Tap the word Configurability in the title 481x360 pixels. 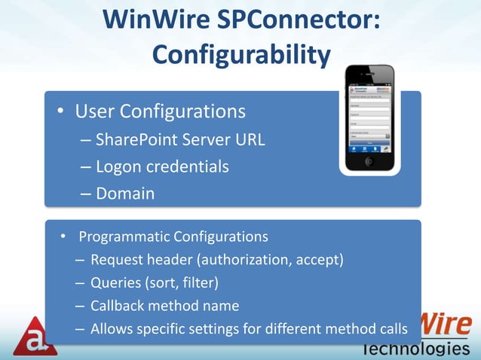point(241,54)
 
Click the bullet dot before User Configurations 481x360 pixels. point(59,113)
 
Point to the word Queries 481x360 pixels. point(115,283)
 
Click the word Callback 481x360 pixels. point(118,306)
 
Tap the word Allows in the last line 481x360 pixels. point(111,328)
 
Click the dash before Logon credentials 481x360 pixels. point(84,166)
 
